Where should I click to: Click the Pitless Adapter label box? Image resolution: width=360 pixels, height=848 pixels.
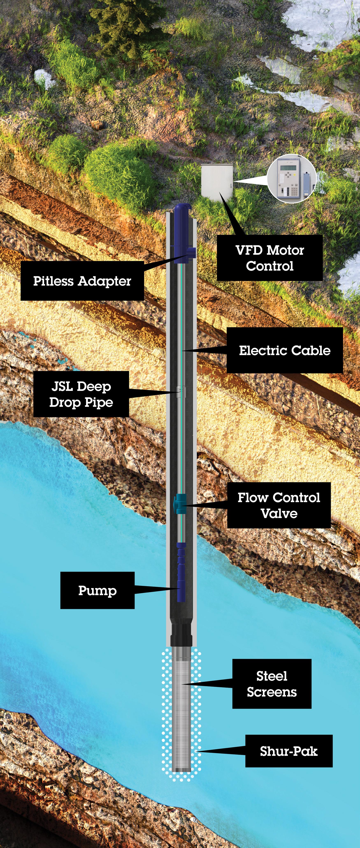[x=82, y=281]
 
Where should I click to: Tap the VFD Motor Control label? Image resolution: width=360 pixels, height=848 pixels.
[x=269, y=258]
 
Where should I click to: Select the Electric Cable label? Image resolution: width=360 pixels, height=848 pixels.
[x=285, y=350]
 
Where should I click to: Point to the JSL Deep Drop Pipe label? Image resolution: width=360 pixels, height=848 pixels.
[x=81, y=394]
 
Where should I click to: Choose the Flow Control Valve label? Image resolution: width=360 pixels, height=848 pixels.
[x=279, y=505]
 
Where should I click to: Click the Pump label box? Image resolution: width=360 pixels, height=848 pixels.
[x=97, y=590]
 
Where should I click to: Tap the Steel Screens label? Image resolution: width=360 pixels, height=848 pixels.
[x=272, y=684]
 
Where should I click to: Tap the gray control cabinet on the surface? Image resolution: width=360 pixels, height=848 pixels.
[x=217, y=182]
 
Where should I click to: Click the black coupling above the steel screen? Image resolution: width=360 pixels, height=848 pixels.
[x=181, y=634]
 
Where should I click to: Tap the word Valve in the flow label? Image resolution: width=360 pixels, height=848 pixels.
[x=279, y=513]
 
